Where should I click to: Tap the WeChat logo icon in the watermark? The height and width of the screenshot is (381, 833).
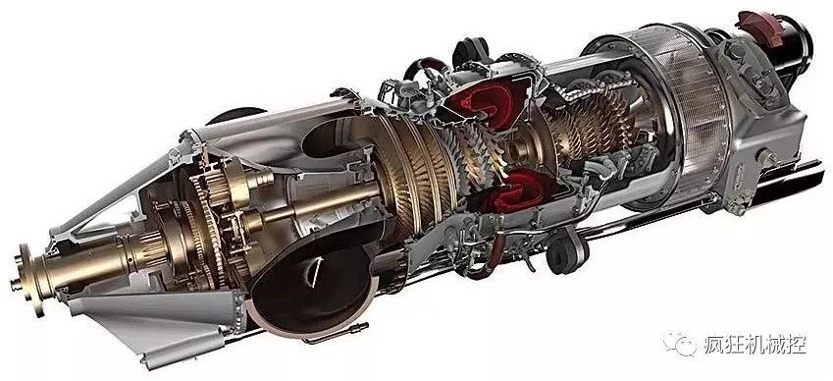(x=680, y=345)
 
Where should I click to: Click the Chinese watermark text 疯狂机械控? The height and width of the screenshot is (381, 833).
(x=755, y=345)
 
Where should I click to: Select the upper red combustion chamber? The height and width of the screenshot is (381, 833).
(x=486, y=102)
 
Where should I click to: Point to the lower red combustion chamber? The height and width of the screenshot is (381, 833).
(x=510, y=192)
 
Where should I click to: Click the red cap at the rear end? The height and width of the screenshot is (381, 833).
(x=761, y=27)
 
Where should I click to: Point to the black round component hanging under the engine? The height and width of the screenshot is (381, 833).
(x=567, y=250)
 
